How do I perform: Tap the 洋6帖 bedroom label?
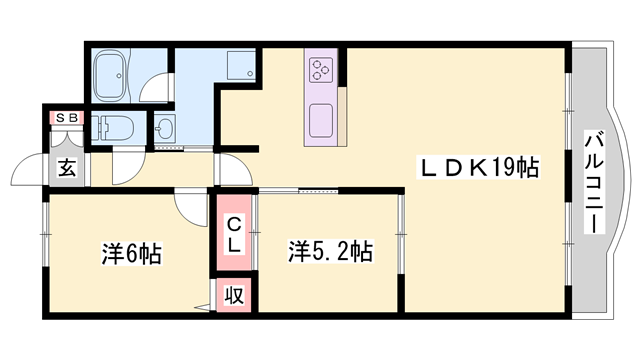tap(131, 252)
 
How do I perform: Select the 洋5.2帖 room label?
tap(332, 250)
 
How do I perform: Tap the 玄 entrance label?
tap(66, 168)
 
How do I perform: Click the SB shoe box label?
tap(66, 117)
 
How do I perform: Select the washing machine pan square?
tap(241, 67)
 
